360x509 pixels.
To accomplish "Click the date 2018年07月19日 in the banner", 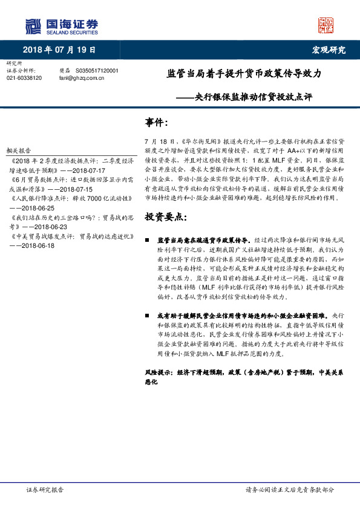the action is point(59,50).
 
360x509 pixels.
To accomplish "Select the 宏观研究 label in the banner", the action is point(329,50).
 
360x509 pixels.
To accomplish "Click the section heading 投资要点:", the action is point(165,216).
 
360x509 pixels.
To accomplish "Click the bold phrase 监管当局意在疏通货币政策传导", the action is point(199,239).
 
